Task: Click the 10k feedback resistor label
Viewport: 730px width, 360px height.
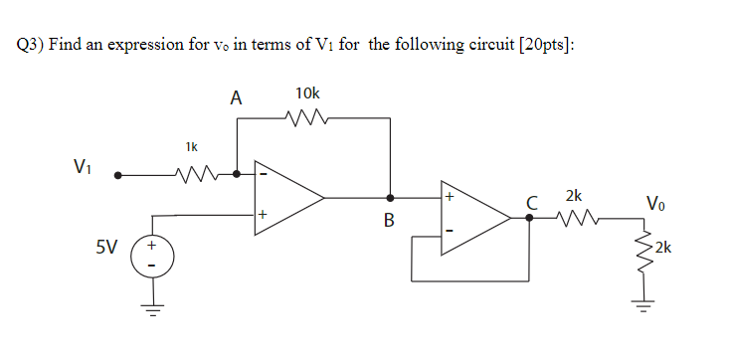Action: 308,93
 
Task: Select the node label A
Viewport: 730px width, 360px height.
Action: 236,97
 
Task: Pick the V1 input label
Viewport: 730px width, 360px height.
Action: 86,166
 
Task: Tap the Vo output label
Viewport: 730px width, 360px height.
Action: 656,205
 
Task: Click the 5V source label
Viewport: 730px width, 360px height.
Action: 107,248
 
